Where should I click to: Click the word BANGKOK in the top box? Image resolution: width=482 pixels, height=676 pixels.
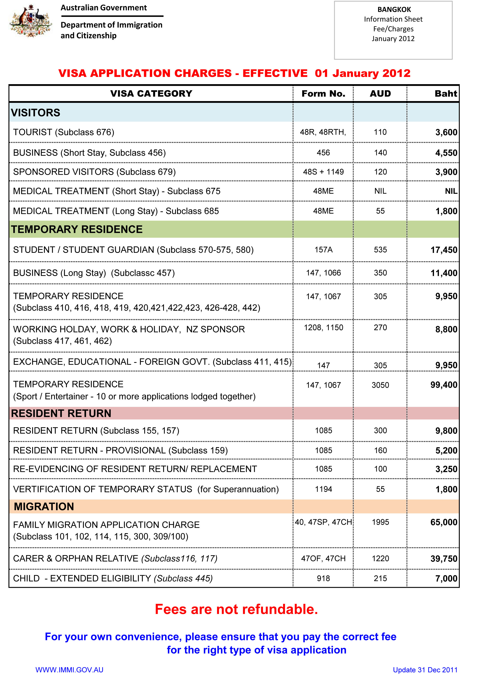click(394, 9)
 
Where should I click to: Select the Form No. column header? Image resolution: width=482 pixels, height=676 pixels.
click(323, 94)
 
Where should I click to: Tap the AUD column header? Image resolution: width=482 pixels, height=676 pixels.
click(380, 94)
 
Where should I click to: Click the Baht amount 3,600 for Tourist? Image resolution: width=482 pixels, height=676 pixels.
click(446, 132)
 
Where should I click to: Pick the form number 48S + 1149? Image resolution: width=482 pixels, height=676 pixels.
click(323, 172)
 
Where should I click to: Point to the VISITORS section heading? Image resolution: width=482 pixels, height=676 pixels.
click(36, 113)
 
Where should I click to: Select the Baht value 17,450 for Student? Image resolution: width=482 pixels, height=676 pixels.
click(444, 250)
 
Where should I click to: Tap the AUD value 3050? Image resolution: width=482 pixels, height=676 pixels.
click(380, 385)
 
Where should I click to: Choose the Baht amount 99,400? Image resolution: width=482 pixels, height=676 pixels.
click(444, 385)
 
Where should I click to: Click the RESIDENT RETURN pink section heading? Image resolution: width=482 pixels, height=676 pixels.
click(61, 413)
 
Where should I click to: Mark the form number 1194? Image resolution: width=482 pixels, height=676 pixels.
click(323, 489)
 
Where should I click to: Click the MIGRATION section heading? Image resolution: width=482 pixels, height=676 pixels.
click(44, 506)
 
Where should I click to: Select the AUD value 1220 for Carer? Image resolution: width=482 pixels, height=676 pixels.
click(380, 559)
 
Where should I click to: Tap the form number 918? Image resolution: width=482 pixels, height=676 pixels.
click(323, 578)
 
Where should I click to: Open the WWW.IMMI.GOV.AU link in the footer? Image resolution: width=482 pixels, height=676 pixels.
click(69, 670)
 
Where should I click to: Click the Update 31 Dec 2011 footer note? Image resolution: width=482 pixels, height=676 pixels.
click(425, 670)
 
